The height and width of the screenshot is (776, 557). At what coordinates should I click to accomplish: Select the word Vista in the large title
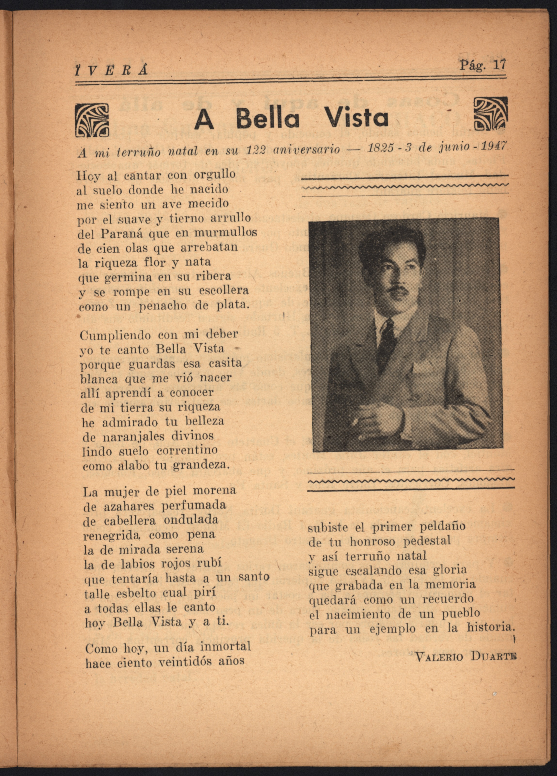point(356,117)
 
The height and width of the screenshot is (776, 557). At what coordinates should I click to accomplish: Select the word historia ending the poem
point(490,628)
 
